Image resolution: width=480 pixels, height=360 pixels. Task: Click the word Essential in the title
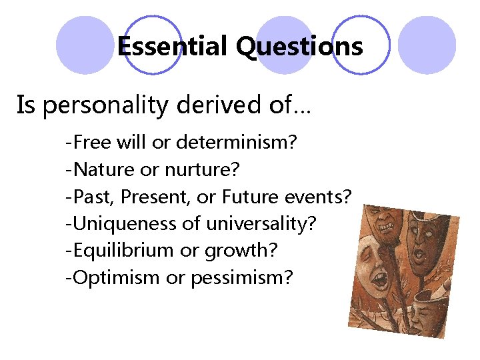tap(172, 47)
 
